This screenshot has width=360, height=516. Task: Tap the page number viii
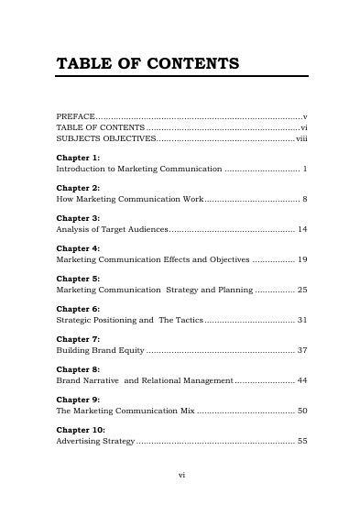300,139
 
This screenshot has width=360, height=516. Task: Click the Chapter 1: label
78,159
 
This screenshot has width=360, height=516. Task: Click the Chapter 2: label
78,188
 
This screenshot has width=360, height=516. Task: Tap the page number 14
301,229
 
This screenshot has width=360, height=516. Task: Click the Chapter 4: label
78,248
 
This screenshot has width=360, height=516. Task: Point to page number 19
301,260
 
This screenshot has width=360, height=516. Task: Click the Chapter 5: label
78,279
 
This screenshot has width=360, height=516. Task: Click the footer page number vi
180,476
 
